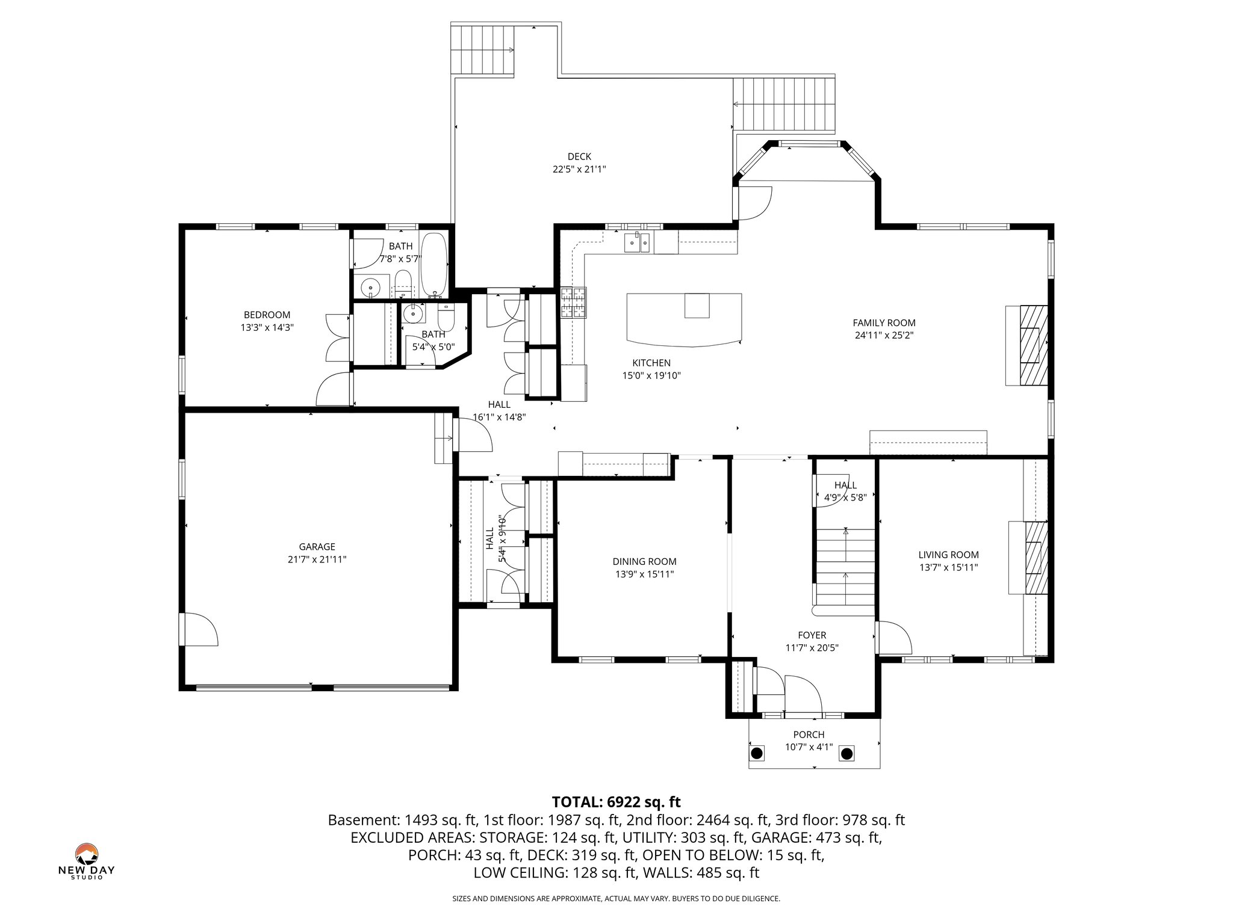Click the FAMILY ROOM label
click(x=884, y=323)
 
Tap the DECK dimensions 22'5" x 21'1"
click(x=579, y=170)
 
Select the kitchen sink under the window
click(x=636, y=242)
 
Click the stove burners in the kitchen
click(x=573, y=303)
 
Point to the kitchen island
click(x=683, y=319)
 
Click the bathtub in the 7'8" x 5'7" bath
click(x=433, y=265)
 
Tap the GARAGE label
click(x=317, y=547)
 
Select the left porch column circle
click(x=757, y=753)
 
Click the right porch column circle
click(x=846, y=753)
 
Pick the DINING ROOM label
click(x=644, y=561)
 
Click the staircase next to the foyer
click(x=845, y=568)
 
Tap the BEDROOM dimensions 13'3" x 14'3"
click(x=267, y=328)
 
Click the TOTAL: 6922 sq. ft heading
click(x=616, y=802)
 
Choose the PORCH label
click(x=809, y=735)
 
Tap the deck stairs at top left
click(x=483, y=50)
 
